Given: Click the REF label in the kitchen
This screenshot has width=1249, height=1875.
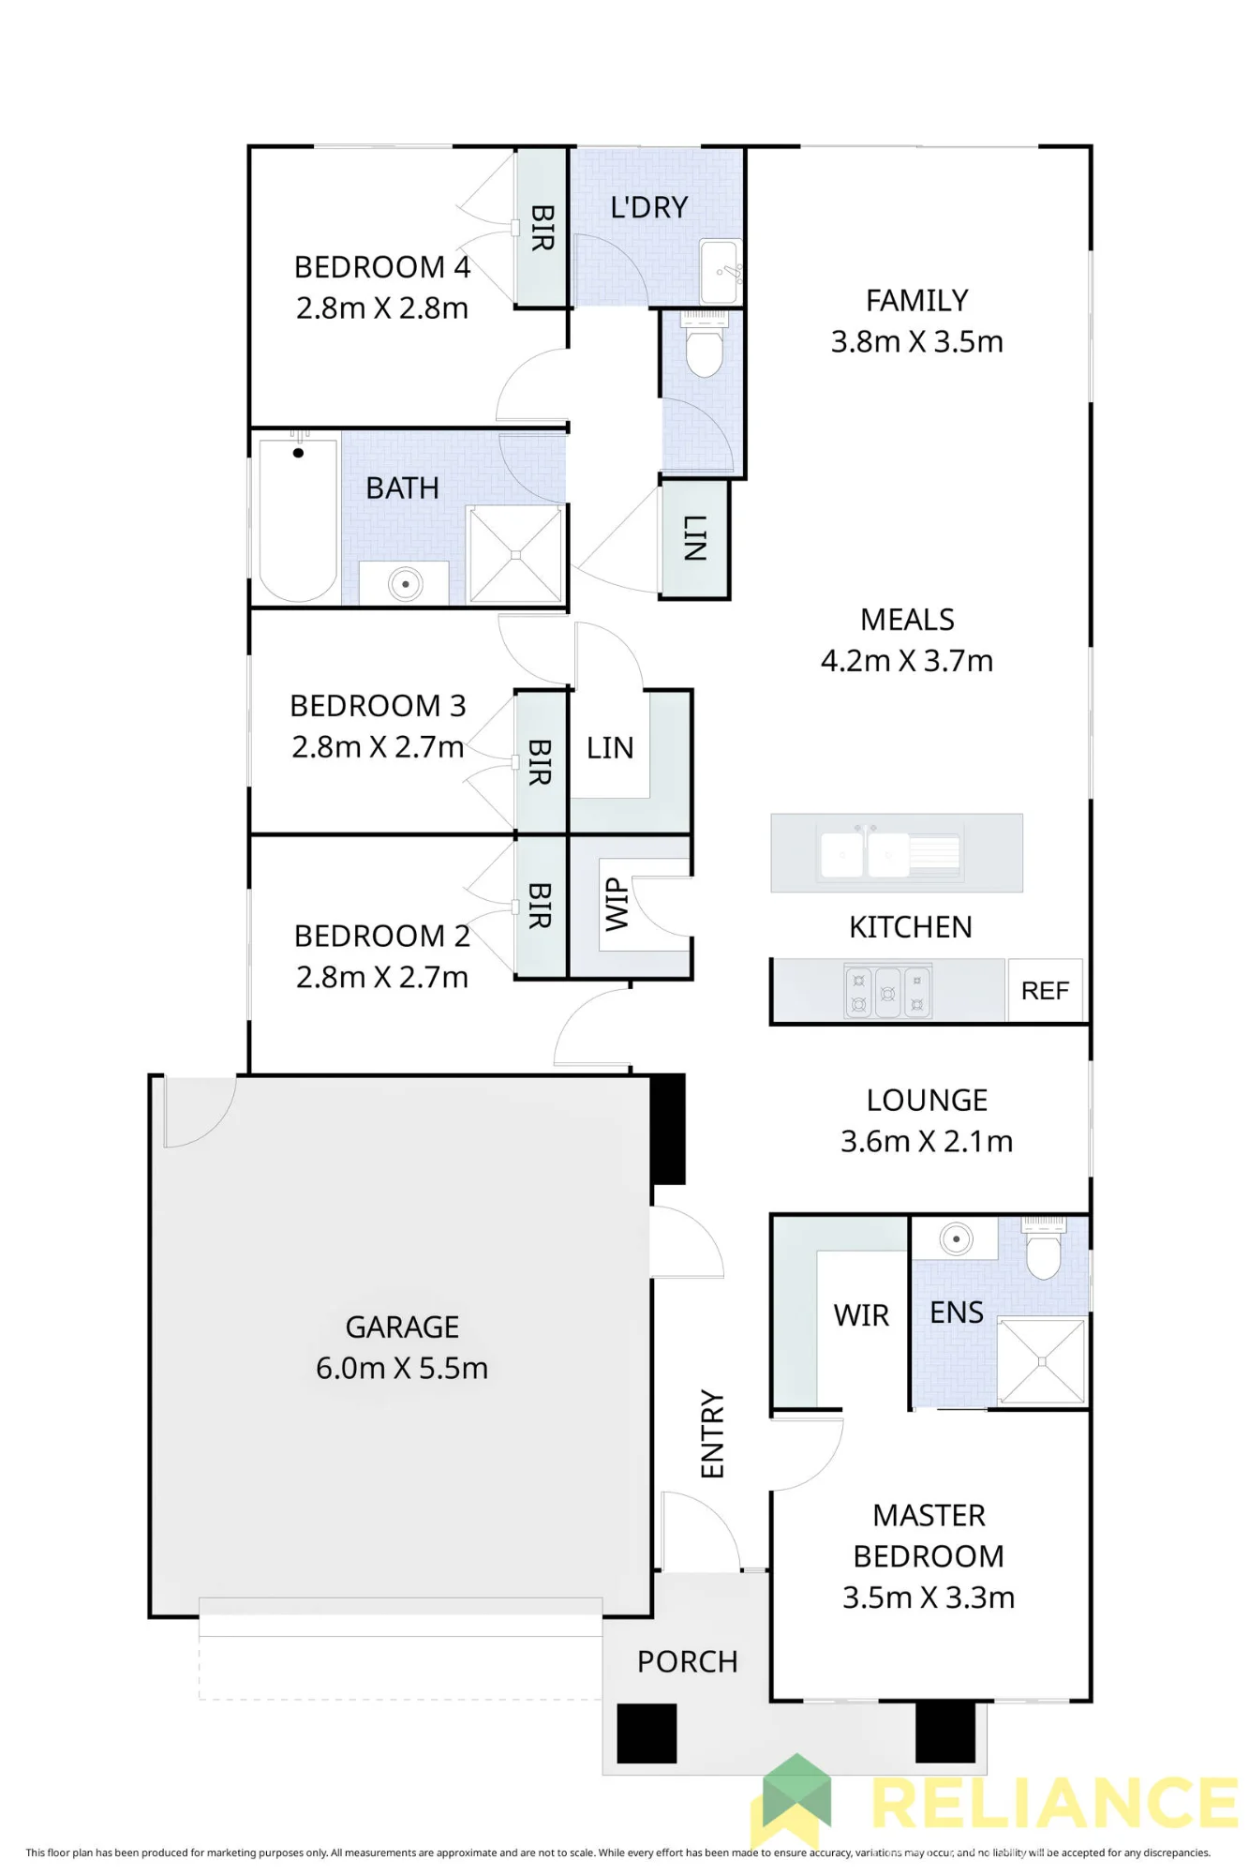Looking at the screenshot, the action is coord(1045,990).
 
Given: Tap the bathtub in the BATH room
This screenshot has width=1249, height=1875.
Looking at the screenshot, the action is coord(298,520).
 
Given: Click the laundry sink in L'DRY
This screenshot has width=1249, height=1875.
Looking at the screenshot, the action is coord(720,271).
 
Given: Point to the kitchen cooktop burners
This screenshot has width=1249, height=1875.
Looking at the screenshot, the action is coord(887,992).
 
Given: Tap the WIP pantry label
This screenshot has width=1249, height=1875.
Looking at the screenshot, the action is coord(616,905).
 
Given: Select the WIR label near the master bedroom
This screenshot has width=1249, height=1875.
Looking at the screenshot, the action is coord(861,1315).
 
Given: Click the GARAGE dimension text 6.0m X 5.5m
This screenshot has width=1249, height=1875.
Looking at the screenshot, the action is coord(402,1368).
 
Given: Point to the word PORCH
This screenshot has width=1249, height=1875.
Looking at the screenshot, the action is coord(688,1661).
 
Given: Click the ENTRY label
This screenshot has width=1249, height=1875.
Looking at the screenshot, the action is coord(713,1434).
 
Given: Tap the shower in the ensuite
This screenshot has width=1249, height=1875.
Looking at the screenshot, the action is coord(1041,1361).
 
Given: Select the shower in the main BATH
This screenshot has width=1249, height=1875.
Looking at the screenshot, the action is coord(515,555).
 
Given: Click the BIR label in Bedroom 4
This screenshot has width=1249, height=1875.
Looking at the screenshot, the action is coord(543,228).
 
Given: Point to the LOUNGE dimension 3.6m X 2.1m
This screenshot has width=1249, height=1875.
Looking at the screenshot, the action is coord(927,1141).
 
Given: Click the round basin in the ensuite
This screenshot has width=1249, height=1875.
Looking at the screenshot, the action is coord(956,1239).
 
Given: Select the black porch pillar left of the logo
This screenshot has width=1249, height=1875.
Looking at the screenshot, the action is coord(647,1733).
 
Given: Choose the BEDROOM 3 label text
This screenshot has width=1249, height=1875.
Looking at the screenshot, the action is coord(378,705).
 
